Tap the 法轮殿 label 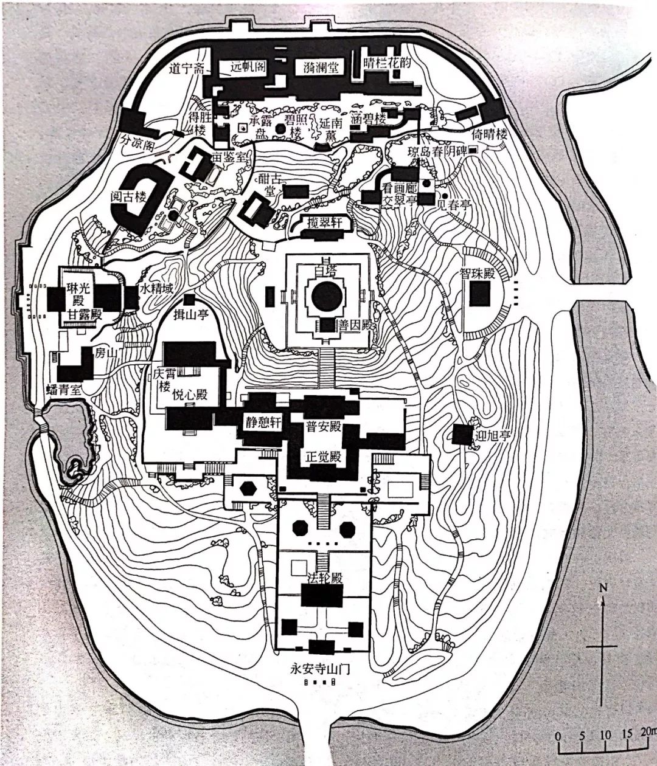[322, 577]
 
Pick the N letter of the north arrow [603, 587]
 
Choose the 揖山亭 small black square [190, 300]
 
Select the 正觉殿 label [322, 457]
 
